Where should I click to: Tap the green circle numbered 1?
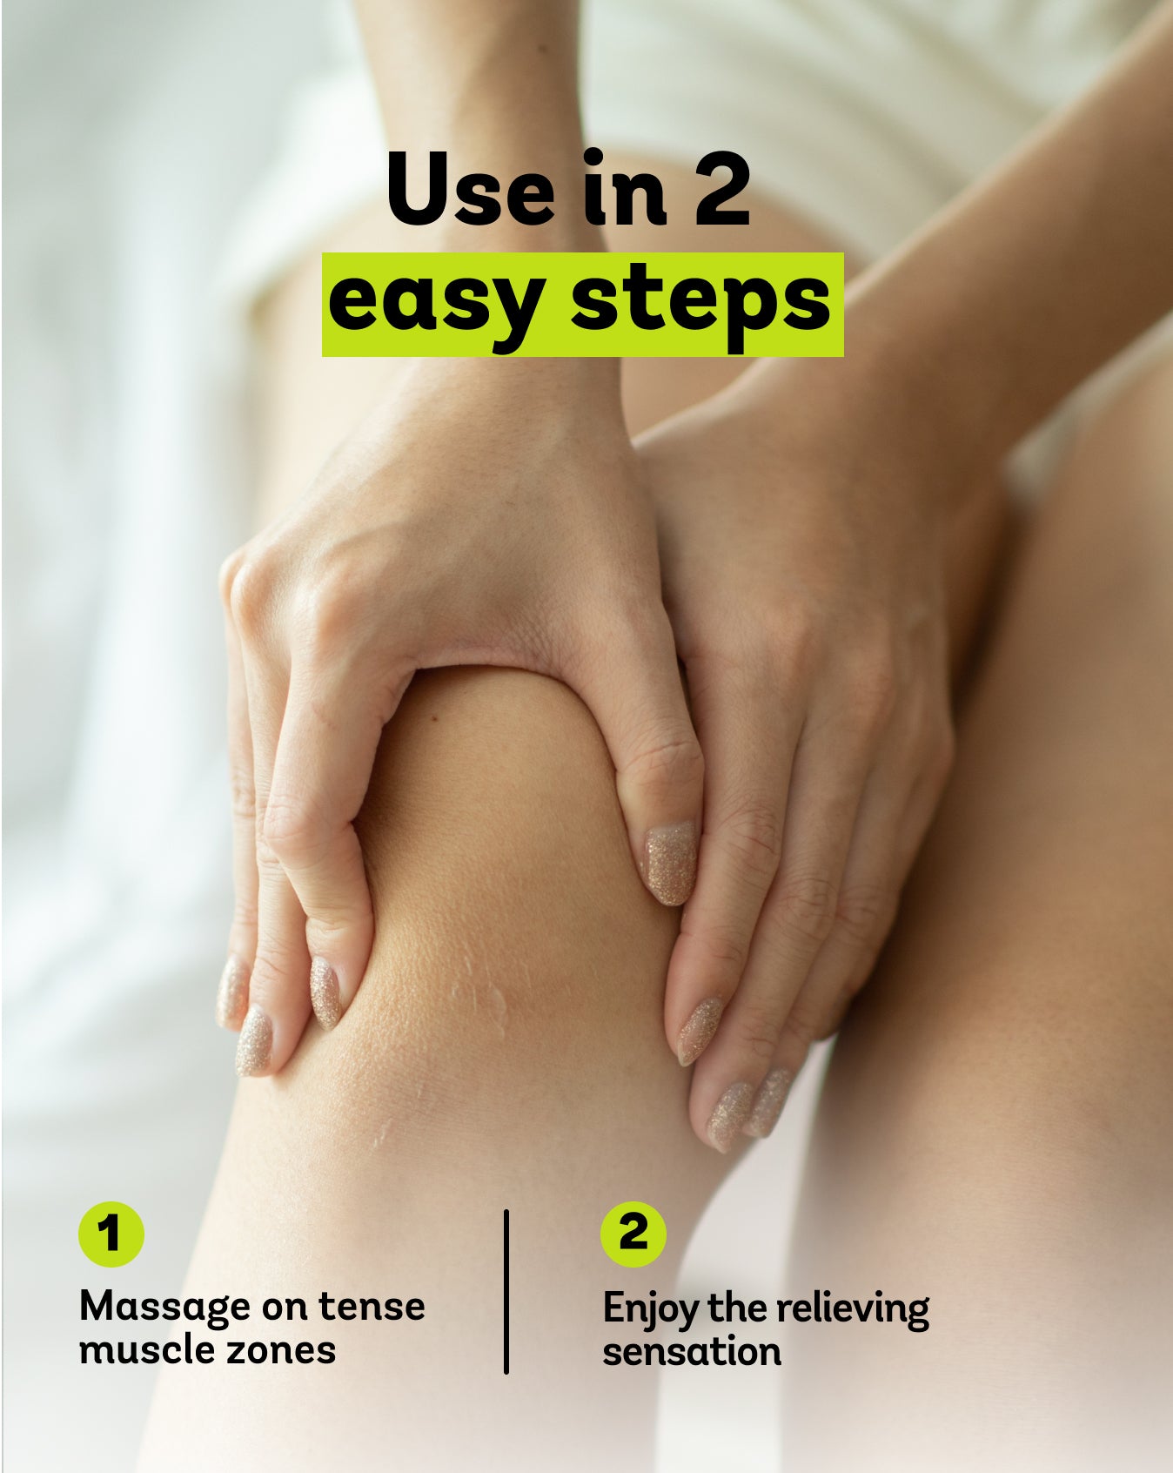(111, 1234)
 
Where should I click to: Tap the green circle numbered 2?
(633, 1234)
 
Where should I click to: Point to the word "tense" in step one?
(372, 1307)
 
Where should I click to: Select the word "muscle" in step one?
(141, 1350)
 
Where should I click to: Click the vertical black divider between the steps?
(506, 1291)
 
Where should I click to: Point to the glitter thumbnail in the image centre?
(670, 862)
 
